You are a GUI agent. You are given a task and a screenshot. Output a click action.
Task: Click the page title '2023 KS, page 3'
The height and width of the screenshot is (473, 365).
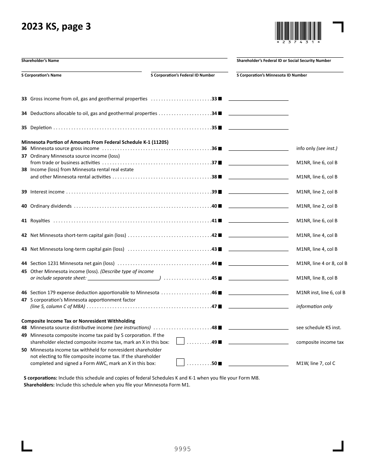tap(56, 27)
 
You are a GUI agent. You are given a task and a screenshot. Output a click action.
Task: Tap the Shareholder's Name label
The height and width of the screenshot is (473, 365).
tap(40, 61)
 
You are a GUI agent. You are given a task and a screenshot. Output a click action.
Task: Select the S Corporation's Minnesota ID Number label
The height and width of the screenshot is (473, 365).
tap(272, 75)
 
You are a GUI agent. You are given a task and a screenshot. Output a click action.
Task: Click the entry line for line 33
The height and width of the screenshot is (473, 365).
tap(258, 99)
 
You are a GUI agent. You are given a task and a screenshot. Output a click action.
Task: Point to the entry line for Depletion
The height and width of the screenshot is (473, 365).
tap(258, 128)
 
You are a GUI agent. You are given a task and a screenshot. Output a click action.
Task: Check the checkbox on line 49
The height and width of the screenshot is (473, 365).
tap(180, 341)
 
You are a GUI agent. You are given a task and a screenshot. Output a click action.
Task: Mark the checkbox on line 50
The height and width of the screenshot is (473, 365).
tap(180, 362)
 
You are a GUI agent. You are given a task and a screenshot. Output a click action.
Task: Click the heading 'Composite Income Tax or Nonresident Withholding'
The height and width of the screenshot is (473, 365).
tap(78, 321)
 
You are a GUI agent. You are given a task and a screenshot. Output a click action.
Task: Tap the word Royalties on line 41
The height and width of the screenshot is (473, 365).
tap(40, 221)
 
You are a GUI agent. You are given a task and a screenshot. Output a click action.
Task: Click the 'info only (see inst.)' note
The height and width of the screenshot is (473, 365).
tap(317, 148)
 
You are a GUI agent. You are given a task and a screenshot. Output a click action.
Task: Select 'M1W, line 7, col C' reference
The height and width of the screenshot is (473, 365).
tap(315, 363)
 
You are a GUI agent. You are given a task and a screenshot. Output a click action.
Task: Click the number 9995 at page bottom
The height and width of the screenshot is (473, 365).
tap(182, 449)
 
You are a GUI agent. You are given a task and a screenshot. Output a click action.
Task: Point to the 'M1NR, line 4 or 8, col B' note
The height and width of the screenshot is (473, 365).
tap(322, 263)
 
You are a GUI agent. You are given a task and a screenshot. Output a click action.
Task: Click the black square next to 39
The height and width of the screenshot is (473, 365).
tap(220, 192)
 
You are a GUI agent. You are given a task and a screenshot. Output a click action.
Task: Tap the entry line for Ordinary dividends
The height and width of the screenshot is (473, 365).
tap(258, 206)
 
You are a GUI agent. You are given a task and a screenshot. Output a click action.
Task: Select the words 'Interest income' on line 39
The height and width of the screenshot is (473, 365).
tap(47, 192)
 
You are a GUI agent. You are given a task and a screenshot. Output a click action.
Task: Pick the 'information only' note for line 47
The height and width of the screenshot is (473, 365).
tap(314, 306)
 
